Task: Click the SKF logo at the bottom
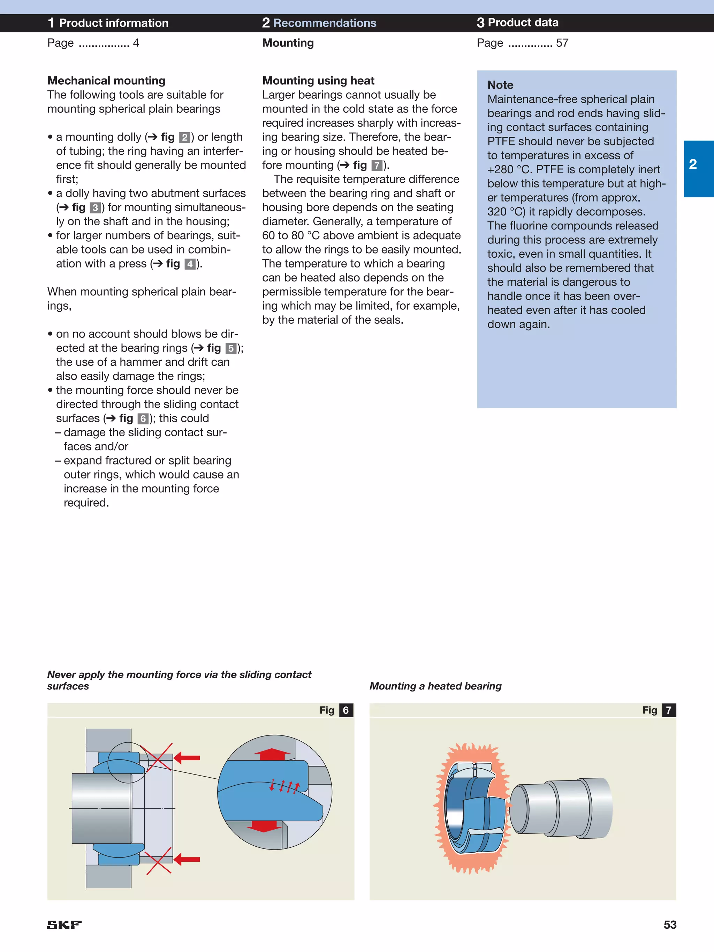64,924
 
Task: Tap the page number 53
669,924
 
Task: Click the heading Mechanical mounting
106,81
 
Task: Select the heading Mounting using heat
318,81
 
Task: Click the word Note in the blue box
500,85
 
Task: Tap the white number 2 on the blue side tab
692,164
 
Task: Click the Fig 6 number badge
345,710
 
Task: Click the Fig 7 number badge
668,710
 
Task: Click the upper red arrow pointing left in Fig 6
187,758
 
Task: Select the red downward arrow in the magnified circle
264,825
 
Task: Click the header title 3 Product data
517,22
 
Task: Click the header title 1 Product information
108,23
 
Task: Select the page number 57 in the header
562,43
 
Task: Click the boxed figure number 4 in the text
190,264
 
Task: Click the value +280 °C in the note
508,169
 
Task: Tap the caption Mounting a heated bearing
435,686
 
